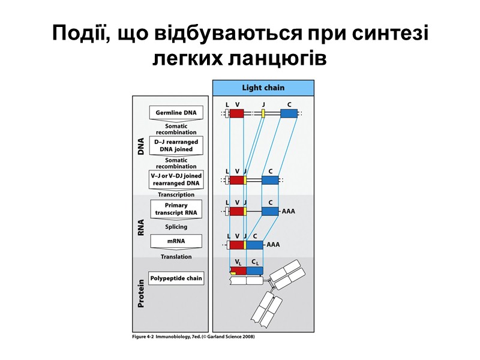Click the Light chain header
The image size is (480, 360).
pos(263,88)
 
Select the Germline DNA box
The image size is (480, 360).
pos(176,113)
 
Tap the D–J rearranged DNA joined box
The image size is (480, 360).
pos(176,145)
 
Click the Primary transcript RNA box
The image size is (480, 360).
pos(176,209)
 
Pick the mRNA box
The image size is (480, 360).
pos(176,241)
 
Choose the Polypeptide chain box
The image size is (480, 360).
pos(176,278)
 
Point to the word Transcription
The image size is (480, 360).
pos(176,194)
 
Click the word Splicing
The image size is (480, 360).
pos(176,227)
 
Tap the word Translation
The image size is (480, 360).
pos(176,257)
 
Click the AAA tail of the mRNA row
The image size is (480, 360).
pos(273,245)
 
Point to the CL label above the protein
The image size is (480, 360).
pos(254,262)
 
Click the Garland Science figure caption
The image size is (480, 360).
pos(193,337)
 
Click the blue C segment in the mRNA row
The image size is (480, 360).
pos(254,245)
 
